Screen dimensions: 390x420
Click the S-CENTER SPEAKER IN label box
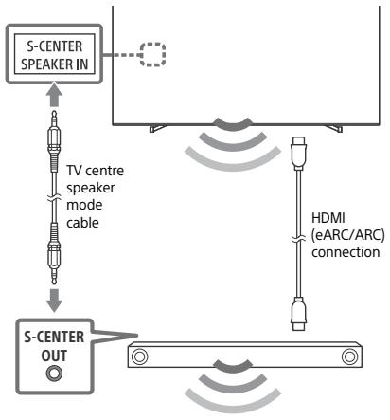coord(54,54)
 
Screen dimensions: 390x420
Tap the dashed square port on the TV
coord(152,54)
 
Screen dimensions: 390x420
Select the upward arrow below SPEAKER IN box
coord(54,95)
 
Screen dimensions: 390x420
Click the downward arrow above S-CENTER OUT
coord(54,301)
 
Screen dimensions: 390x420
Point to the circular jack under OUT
coord(54,374)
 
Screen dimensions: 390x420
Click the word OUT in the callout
coord(54,356)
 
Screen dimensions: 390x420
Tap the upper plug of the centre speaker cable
coord(54,141)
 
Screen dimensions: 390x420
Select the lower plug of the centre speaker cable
coord(54,254)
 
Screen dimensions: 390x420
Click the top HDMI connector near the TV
coord(299,153)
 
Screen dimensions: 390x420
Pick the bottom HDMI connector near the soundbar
coord(299,314)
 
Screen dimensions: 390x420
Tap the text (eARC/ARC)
coord(348,235)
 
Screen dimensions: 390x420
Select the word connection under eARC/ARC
coord(346,252)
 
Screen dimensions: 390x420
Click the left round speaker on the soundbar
coord(139,356)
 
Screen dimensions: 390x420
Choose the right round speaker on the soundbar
coord(349,356)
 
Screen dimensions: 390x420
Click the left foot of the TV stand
coord(157,128)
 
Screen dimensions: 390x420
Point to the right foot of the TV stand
coord(334,128)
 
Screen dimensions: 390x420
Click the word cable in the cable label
coord(82,223)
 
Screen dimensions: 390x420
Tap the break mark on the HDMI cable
coord(299,240)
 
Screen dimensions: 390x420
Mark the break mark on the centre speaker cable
coord(54,198)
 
